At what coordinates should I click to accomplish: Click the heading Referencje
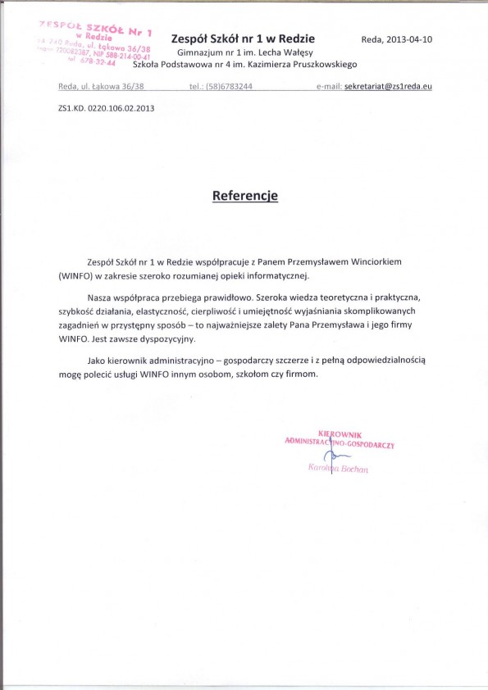(x=245, y=196)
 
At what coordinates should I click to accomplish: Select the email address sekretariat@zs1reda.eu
(x=388, y=86)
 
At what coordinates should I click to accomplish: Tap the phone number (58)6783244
(x=230, y=86)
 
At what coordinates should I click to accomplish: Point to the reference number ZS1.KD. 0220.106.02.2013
(x=107, y=107)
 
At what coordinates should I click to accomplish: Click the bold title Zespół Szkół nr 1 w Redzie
(x=243, y=39)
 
